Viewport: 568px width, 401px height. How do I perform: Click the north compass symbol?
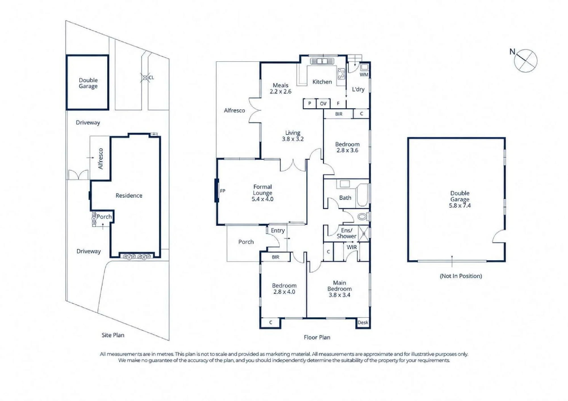point(525,60)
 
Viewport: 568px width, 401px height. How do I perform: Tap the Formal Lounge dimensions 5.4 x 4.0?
point(262,199)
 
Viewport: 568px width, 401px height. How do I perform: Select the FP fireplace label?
point(223,191)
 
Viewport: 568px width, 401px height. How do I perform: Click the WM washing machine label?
point(364,75)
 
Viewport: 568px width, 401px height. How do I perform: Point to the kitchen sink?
point(322,61)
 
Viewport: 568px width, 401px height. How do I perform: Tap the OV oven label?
point(323,104)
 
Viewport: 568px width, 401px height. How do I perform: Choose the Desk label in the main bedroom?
point(363,322)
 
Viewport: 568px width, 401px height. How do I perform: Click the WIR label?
point(352,247)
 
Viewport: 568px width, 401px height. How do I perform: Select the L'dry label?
point(358,89)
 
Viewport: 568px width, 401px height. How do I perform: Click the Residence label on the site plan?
point(129,196)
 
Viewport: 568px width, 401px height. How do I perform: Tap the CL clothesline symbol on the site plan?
point(145,77)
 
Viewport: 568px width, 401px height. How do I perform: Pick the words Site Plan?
point(113,335)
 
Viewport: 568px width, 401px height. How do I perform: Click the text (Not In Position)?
point(461,276)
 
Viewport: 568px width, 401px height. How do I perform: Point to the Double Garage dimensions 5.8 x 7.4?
point(460,205)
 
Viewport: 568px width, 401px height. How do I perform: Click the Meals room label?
point(281,85)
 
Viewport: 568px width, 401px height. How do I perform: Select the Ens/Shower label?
point(346,233)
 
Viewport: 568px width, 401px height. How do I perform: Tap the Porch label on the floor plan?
point(246,242)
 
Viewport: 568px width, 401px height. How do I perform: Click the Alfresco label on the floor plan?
point(234,110)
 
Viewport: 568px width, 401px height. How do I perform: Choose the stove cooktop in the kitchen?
point(341,74)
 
